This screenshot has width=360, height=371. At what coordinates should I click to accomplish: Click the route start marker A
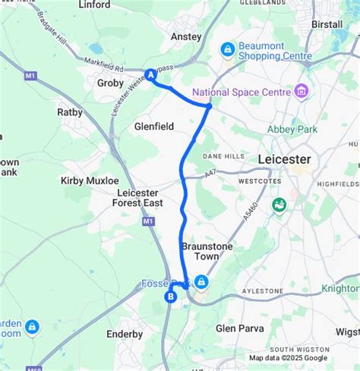tap(151, 75)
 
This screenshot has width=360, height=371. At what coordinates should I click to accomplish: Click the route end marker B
tap(169, 297)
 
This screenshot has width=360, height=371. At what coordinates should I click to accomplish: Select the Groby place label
tap(110, 83)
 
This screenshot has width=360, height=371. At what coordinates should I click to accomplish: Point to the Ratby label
tap(70, 112)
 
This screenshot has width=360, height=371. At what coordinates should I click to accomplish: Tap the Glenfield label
tap(153, 126)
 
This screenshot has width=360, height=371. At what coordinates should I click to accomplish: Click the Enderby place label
tap(125, 334)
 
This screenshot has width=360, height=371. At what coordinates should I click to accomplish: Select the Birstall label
tap(327, 24)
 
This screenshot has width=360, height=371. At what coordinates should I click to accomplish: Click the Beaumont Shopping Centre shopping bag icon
tap(227, 50)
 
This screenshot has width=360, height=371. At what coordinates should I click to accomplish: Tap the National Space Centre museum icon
tap(302, 91)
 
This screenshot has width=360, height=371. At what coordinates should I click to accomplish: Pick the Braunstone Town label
tap(201, 251)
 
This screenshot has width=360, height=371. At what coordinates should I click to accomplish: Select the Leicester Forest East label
tap(137, 198)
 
